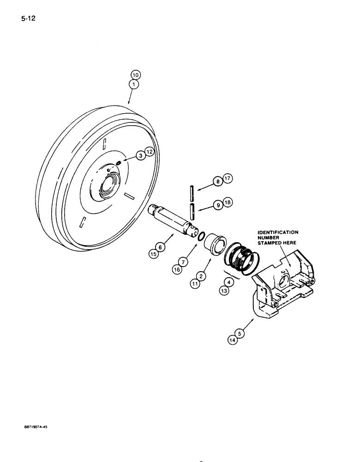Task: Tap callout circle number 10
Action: (x=134, y=75)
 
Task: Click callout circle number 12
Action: (x=148, y=152)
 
